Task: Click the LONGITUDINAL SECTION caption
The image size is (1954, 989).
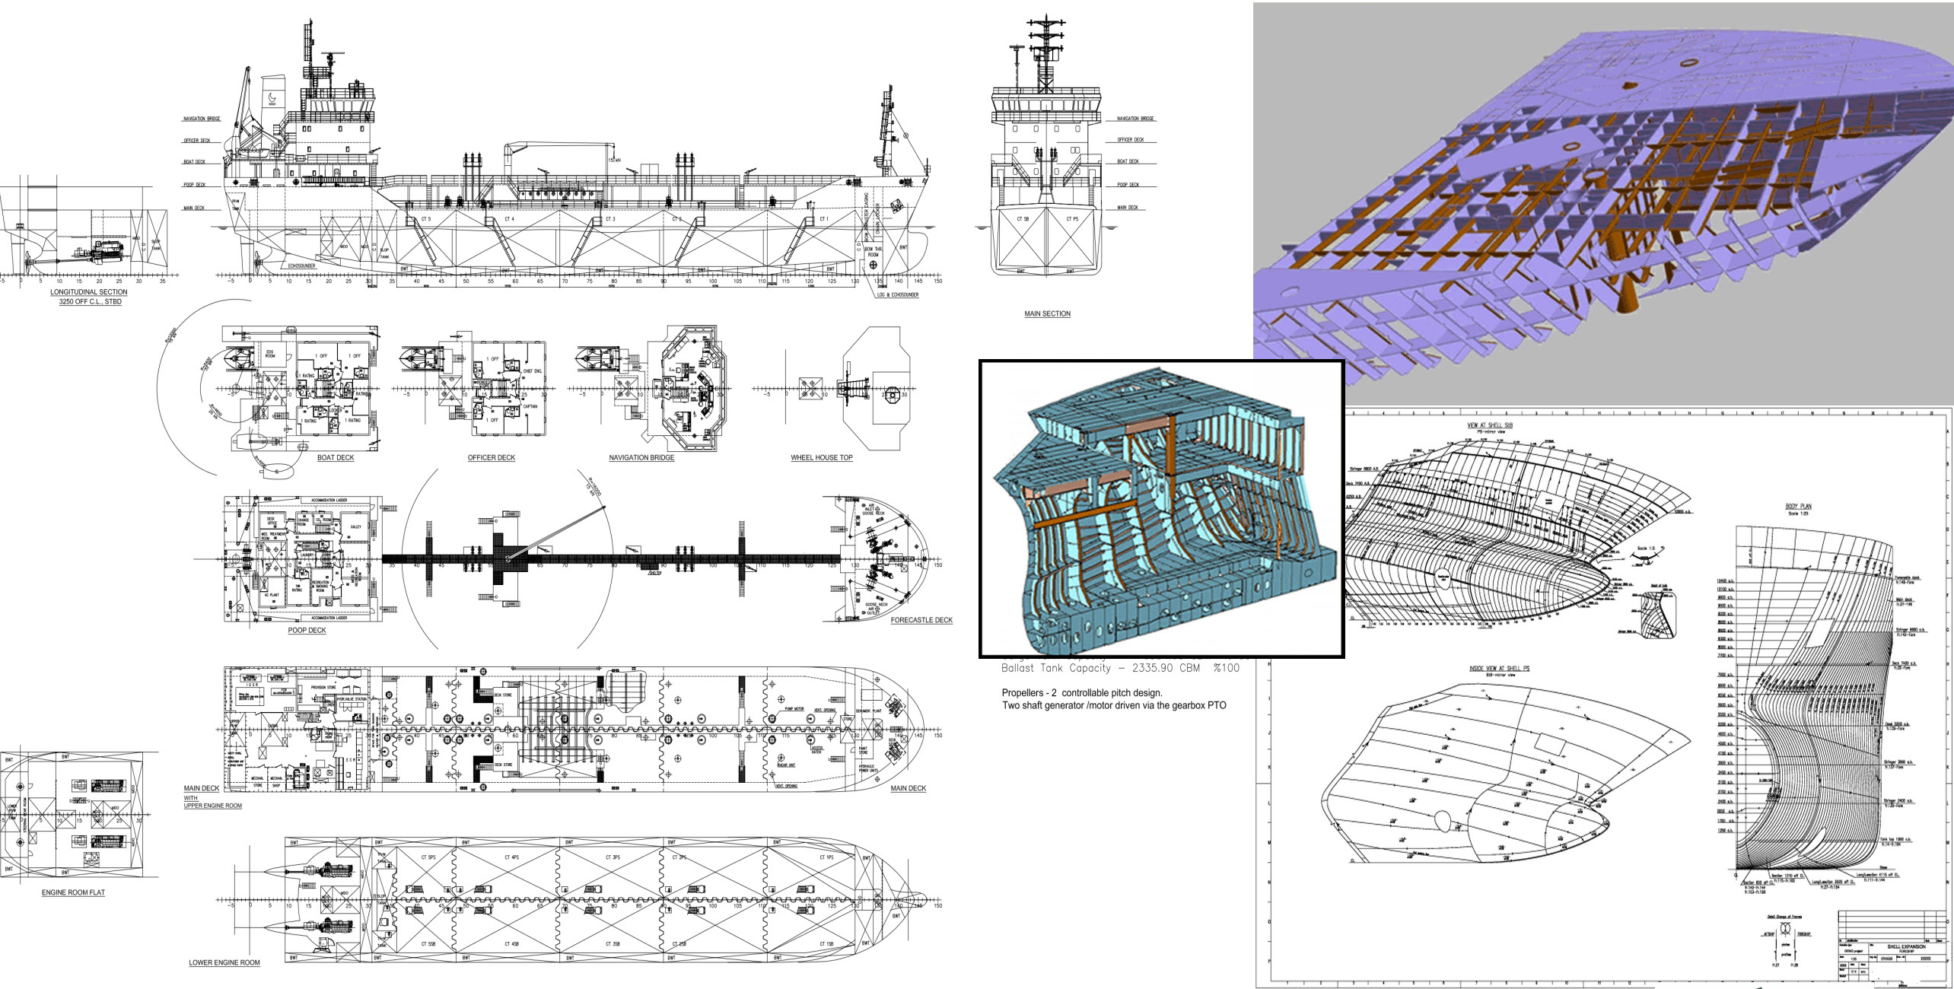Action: pos(89,292)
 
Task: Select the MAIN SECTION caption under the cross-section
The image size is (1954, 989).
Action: pos(1047,313)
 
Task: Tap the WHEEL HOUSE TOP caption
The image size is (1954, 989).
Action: pos(821,458)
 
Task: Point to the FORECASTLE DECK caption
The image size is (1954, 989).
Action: pos(921,621)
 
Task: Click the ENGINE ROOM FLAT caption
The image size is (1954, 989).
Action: pos(73,892)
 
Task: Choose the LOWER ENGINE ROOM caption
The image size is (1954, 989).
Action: pos(224,962)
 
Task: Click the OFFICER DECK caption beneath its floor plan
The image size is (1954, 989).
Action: pos(491,458)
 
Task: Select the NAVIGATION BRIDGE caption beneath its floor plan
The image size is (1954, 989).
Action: pos(641,458)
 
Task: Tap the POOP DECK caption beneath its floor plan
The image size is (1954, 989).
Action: pos(307,631)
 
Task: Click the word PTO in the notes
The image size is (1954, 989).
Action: pos(1217,706)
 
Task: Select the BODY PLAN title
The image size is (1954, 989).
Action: pos(1798,507)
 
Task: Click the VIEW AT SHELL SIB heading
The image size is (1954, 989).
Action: pos(1489,425)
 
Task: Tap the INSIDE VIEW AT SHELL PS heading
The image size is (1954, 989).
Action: pos(1499,669)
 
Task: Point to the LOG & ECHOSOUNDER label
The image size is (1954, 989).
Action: pos(897,295)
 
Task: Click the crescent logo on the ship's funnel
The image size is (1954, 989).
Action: pos(273,97)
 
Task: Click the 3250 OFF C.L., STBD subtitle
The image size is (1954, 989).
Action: pos(90,302)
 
